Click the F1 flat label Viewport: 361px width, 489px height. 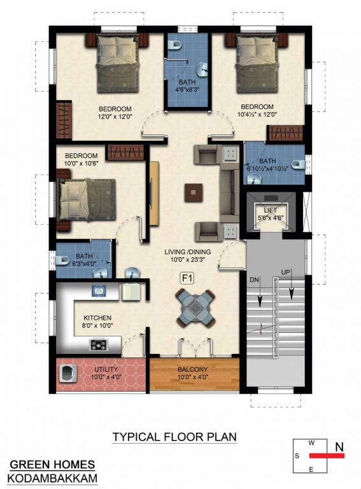pos(187,278)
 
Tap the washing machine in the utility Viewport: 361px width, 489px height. pos(66,373)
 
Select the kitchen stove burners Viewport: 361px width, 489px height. pos(99,344)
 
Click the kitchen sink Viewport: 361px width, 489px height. pos(99,291)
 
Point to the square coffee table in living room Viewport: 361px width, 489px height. pos(194,193)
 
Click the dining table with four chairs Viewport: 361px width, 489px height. pos(195,308)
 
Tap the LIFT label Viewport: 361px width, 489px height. pos(271,211)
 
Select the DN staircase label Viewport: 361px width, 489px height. pos(254,280)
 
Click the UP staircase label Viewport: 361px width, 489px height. pos(286,272)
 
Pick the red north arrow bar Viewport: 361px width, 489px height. pos(327,456)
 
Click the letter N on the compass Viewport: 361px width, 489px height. pos(339,447)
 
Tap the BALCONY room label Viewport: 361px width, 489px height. pos(193,369)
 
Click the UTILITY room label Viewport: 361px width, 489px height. pos(106,369)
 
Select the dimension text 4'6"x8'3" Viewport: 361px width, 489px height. pos(187,90)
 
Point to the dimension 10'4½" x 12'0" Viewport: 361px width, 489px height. pos(257,114)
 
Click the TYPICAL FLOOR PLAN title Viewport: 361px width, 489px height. pos(174,437)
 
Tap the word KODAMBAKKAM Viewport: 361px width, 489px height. pos(52,478)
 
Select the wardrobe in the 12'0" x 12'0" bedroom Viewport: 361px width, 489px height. pos(64,120)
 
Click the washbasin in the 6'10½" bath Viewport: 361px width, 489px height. pos(255,179)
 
